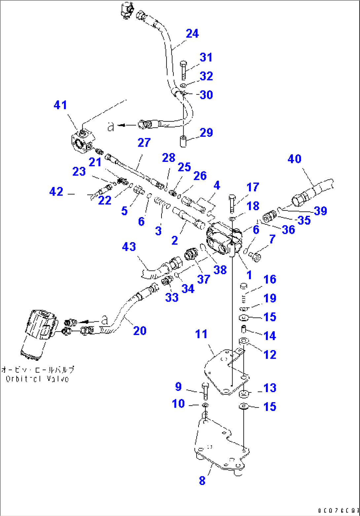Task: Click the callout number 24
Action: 192,33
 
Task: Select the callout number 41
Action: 60,105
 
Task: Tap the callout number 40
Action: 294,159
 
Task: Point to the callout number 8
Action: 202,481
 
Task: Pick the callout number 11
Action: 201,334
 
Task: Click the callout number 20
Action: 139,330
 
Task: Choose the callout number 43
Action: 129,246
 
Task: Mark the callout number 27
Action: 144,143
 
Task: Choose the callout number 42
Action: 56,192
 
